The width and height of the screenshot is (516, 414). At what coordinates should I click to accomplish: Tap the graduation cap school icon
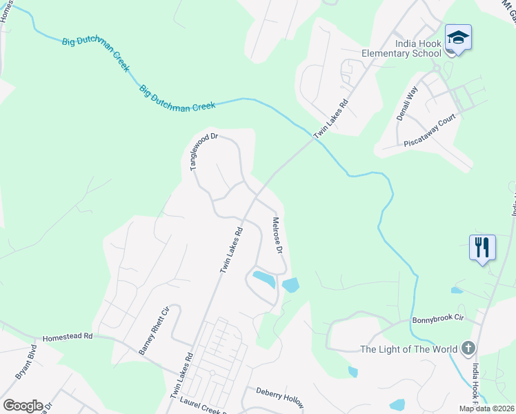pyautogui.click(x=458, y=37)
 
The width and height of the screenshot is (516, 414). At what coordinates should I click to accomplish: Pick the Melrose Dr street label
pyautogui.click(x=278, y=237)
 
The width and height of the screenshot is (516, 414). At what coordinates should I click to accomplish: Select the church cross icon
pyautogui.click(x=468, y=348)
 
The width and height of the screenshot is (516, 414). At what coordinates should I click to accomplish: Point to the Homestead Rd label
pyautogui.click(x=67, y=337)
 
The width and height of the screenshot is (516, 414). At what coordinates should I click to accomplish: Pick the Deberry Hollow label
pyautogui.click(x=279, y=396)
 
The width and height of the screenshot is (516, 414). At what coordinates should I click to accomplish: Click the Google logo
pyautogui.click(x=23, y=406)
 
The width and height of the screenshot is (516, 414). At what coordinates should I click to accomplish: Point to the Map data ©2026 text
pyautogui.click(x=486, y=408)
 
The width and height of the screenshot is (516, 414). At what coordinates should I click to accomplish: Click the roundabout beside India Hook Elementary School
pyautogui.click(x=436, y=69)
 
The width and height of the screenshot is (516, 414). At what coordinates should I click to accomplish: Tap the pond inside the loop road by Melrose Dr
pyautogui.click(x=264, y=279)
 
